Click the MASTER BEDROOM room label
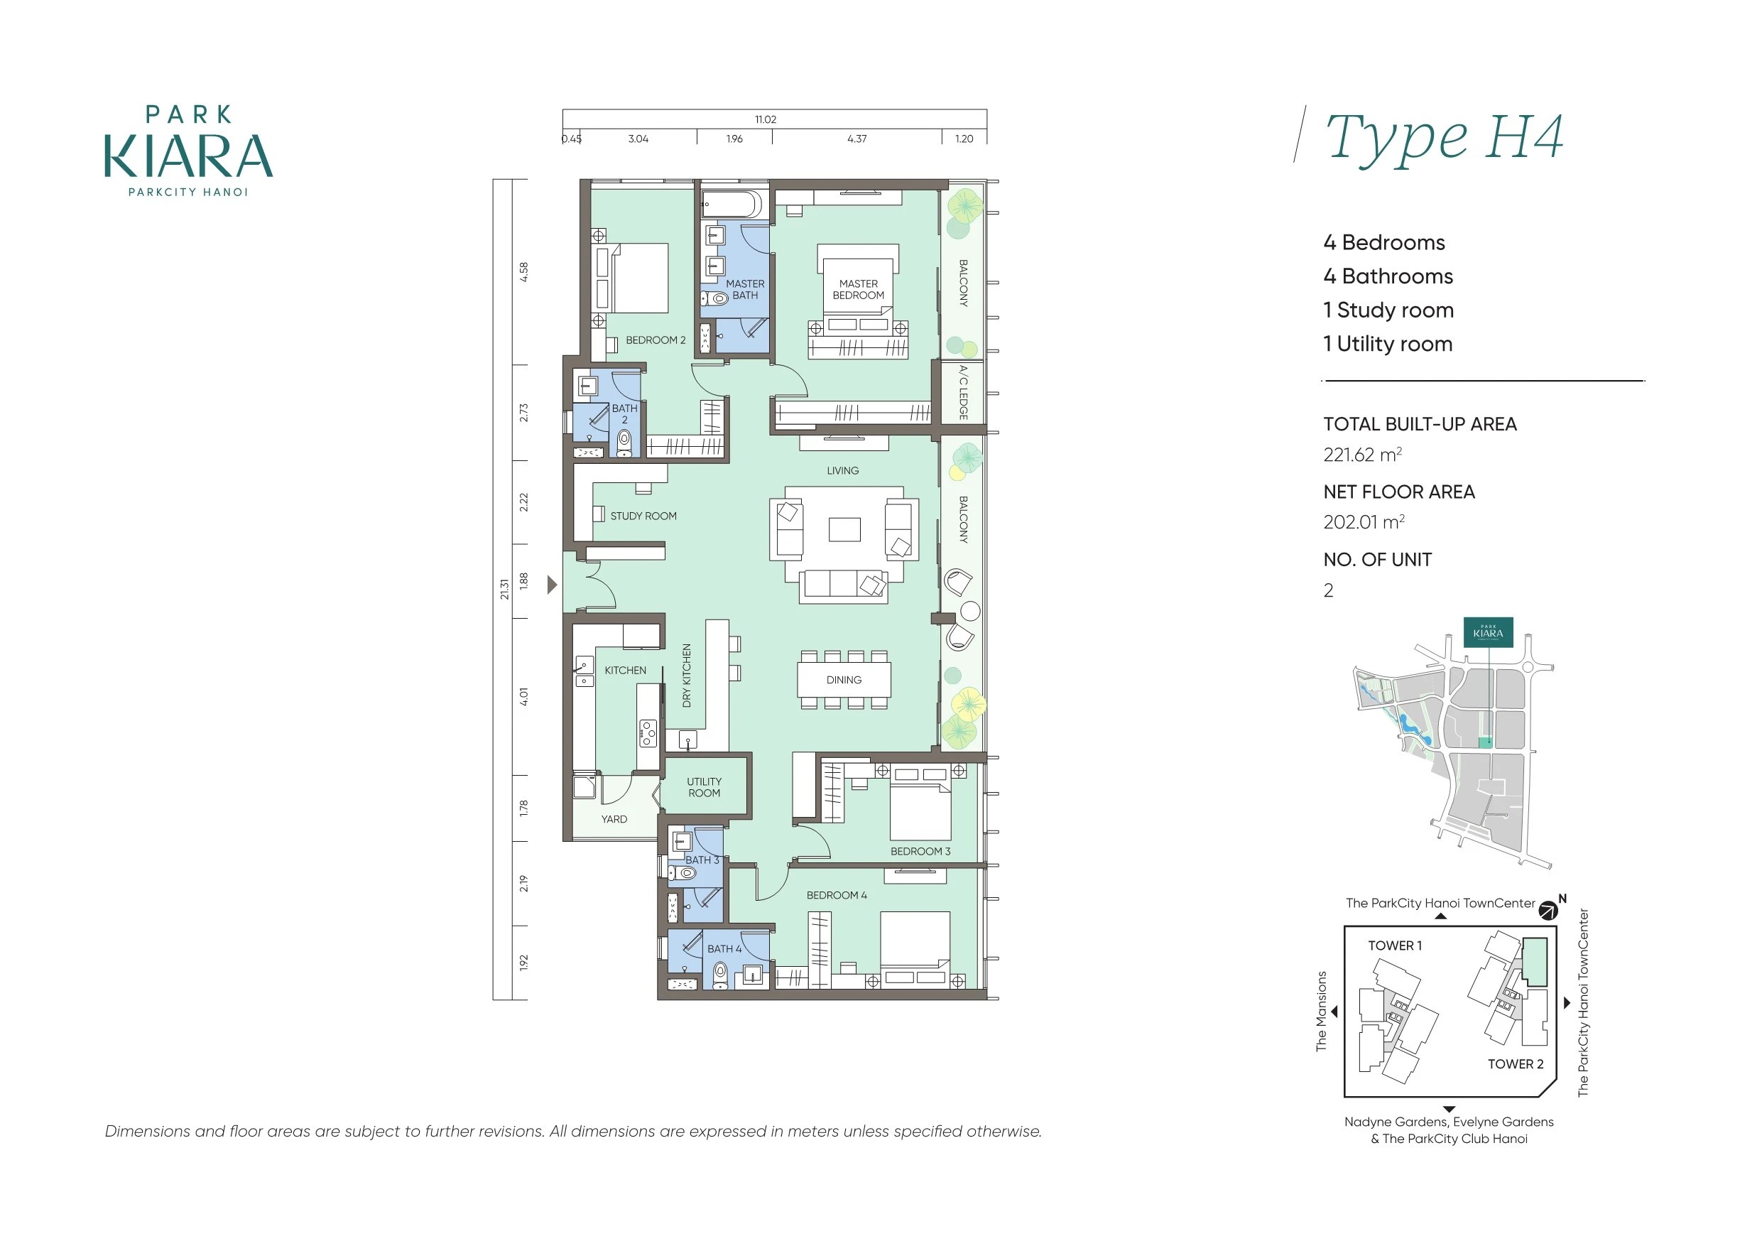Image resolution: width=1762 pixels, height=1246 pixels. tap(858, 289)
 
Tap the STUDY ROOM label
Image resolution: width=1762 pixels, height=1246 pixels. tap(643, 516)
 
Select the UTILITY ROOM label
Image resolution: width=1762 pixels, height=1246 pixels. tap(704, 787)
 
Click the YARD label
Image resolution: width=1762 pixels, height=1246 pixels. tap(614, 819)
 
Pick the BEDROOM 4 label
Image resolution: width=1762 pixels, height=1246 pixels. tap(837, 895)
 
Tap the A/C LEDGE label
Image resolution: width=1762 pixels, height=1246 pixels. tap(963, 392)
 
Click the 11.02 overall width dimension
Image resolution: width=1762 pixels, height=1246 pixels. tap(765, 120)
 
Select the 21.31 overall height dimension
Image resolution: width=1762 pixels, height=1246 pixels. tap(504, 589)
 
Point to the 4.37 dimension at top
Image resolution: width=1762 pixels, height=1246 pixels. tap(856, 139)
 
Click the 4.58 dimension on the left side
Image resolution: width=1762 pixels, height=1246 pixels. tap(523, 272)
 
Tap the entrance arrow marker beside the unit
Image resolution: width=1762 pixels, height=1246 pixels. tap(552, 585)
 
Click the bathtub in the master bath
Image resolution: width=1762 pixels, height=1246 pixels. tap(732, 205)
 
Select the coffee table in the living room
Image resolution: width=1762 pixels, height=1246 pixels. tap(844, 529)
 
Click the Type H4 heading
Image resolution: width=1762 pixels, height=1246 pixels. tap(1444, 139)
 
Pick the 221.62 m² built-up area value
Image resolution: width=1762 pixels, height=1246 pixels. tap(1362, 455)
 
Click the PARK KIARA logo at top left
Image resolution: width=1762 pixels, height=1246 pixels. tap(188, 151)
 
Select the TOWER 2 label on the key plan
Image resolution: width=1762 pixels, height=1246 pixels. tap(1515, 1064)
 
